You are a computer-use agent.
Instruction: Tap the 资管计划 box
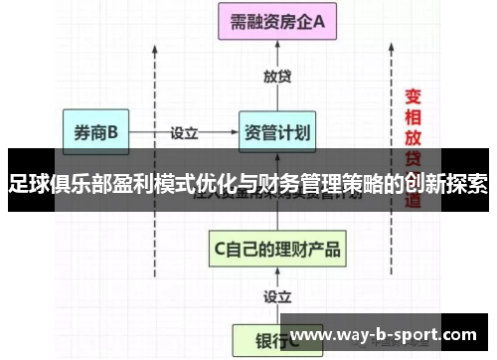point(277,131)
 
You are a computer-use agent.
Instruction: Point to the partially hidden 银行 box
point(260,338)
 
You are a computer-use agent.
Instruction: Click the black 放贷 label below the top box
point(278,76)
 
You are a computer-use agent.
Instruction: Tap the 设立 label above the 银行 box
point(278,296)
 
